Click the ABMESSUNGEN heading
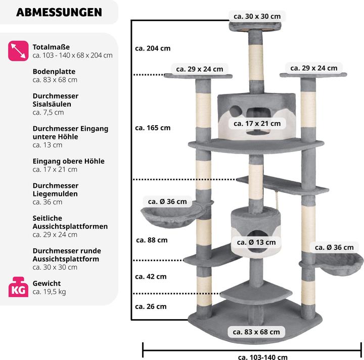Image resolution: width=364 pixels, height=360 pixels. [59, 12]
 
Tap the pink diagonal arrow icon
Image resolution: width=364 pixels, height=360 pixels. [18, 51]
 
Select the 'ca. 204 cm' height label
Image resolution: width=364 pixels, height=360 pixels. [153, 48]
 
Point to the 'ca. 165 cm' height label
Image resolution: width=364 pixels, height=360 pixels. [153, 128]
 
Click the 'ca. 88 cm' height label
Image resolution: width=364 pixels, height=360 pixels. [151, 240]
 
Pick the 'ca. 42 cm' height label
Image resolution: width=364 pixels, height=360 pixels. [151, 277]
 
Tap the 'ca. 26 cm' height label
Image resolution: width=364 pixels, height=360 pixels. [151, 306]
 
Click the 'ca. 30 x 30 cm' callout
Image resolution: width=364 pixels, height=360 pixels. [257, 16]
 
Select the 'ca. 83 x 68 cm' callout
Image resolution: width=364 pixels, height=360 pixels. [256, 332]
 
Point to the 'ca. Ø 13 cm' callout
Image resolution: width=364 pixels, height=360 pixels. [257, 242]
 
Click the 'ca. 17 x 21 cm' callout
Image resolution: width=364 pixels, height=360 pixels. [257, 123]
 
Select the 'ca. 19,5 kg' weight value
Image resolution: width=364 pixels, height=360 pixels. [49, 292]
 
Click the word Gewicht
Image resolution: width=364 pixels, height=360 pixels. [47, 283]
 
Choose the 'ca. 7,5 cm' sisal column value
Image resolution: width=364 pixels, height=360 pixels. [48, 112]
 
